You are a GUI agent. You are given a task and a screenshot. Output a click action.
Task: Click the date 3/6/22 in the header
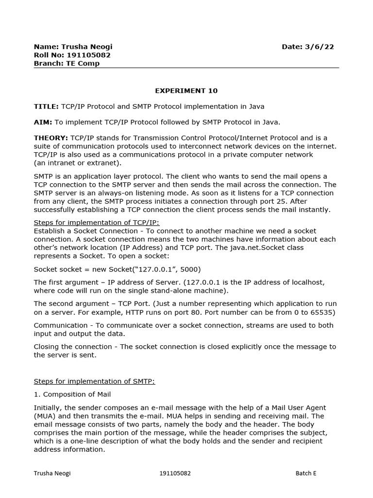(x=319, y=47)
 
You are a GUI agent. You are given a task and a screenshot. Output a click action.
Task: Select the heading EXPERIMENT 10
(x=186, y=90)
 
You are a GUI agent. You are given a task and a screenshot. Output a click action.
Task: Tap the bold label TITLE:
(x=46, y=106)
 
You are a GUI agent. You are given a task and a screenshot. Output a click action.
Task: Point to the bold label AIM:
(x=43, y=122)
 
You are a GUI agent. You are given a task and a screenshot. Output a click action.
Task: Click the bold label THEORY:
(x=51, y=138)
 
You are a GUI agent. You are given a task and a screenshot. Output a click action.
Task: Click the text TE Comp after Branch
(x=83, y=63)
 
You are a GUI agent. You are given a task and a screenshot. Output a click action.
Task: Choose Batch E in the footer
(x=306, y=473)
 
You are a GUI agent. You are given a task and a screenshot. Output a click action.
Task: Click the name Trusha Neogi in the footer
(x=52, y=473)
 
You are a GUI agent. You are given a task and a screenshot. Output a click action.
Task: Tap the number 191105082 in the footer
(x=175, y=473)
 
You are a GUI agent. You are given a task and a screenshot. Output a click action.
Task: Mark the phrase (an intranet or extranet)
(x=78, y=162)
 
